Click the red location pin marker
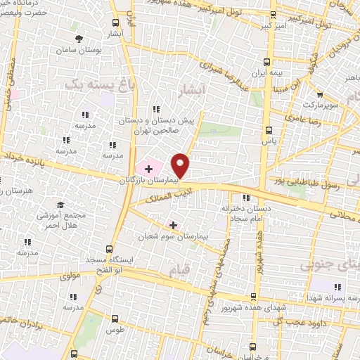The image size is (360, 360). click(x=181, y=165)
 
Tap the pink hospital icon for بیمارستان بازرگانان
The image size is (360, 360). click(x=148, y=168)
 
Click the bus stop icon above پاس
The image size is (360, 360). click(x=267, y=130)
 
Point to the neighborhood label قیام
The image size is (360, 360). click(x=172, y=270)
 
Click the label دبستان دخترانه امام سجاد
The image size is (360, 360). click(x=247, y=213)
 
